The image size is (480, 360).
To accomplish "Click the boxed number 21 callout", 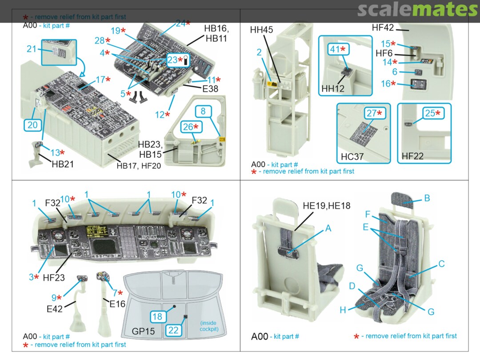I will coord(31,49).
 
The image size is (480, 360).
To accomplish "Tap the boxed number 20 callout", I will coord(32,125).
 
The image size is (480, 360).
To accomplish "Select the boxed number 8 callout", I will coord(203,111).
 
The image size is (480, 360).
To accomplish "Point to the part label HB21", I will coord(63,164).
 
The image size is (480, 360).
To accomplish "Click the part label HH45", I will coord(262,30).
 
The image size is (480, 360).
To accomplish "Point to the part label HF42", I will coord(383,28).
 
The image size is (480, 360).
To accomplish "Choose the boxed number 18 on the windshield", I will coord(157,316).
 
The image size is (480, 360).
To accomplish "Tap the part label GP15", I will coord(142,332).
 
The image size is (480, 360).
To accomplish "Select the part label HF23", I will coord(54,277).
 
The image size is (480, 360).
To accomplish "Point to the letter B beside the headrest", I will coord(427,198).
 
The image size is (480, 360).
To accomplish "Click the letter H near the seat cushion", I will coord(343,310).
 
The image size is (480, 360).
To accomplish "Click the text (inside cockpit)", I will coord(209,326).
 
